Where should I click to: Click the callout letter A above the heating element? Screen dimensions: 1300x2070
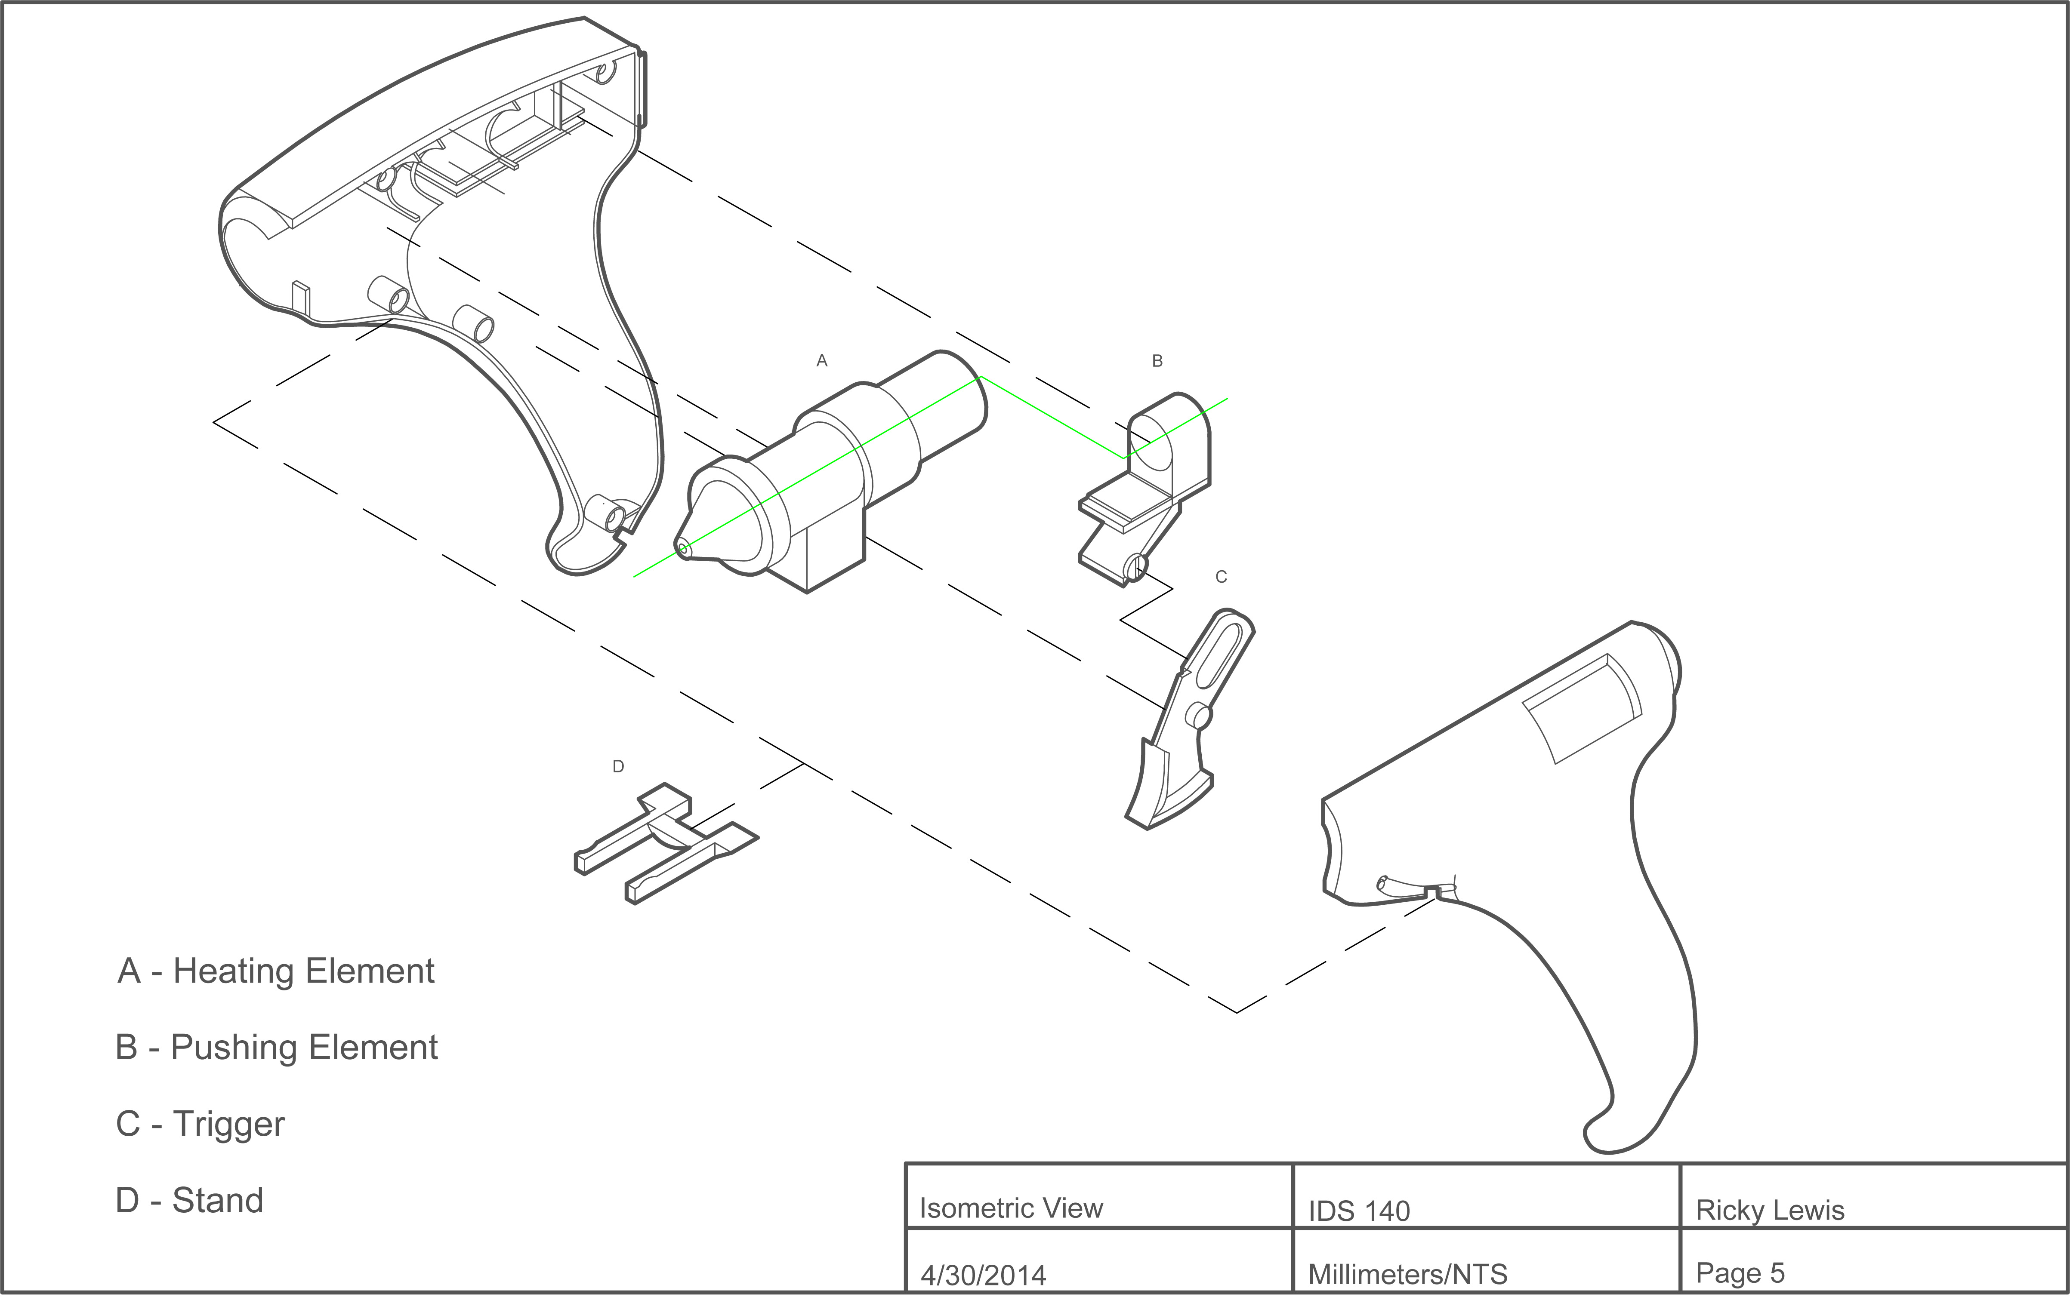(x=822, y=361)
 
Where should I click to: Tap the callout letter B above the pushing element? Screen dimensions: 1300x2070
(x=1157, y=361)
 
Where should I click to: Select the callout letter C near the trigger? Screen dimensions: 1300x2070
(x=1221, y=577)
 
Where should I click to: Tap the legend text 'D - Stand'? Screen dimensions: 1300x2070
(x=189, y=1200)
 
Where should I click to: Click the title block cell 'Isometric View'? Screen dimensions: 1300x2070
(x=1011, y=1208)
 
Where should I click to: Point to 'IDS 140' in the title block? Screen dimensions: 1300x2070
(x=1359, y=1211)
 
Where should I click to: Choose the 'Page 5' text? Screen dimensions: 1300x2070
(x=1740, y=1272)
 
